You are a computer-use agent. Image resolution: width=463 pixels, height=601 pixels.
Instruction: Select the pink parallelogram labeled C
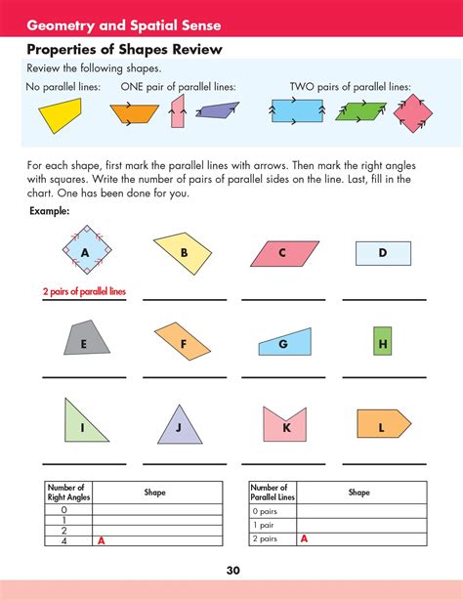[x=284, y=254]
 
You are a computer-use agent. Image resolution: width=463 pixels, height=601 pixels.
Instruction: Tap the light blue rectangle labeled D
[x=382, y=254]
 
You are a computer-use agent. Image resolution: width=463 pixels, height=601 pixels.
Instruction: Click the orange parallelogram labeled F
[x=184, y=341]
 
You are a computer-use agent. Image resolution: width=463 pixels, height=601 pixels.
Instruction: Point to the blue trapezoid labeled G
[x=286, y=343]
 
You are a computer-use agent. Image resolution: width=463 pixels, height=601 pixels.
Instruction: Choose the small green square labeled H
[x=383, y=343]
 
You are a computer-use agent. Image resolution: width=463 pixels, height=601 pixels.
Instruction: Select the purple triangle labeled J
[x=178, y=426]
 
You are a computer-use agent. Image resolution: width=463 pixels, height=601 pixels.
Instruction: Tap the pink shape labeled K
[x=285, y=425]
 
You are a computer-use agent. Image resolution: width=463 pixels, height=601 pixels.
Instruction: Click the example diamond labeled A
[x=85, y=253]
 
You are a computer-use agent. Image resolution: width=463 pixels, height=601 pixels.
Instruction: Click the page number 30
[x=231, y=571]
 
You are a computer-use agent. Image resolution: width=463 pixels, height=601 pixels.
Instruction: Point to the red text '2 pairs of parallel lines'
[x=84, y=291]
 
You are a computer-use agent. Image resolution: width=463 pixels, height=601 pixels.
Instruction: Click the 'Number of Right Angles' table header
[x=67, y=493]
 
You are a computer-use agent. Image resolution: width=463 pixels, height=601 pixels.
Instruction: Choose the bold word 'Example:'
[x=49, y=210]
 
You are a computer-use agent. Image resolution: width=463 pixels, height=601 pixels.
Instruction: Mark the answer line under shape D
[x=382, y=298]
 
